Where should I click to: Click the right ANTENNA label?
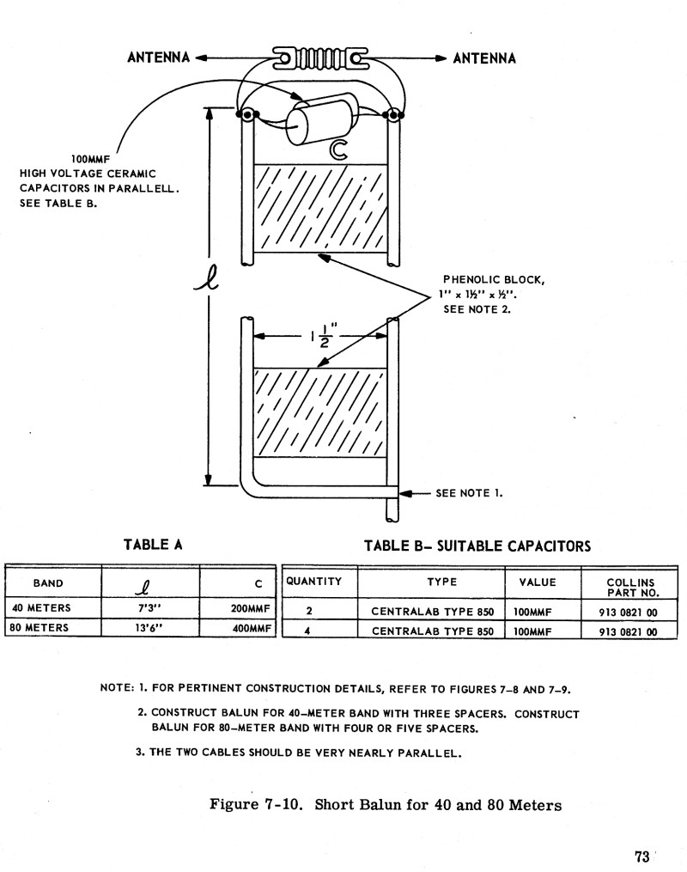point(484,58)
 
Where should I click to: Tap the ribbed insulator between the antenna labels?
point(319,58)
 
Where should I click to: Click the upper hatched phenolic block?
point(319,207)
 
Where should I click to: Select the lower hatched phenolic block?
point(319,413)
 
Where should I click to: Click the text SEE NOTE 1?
point(469,493)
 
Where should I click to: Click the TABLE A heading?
point(154,544)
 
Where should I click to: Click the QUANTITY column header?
point(314,582)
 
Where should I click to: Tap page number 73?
point(641,856)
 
